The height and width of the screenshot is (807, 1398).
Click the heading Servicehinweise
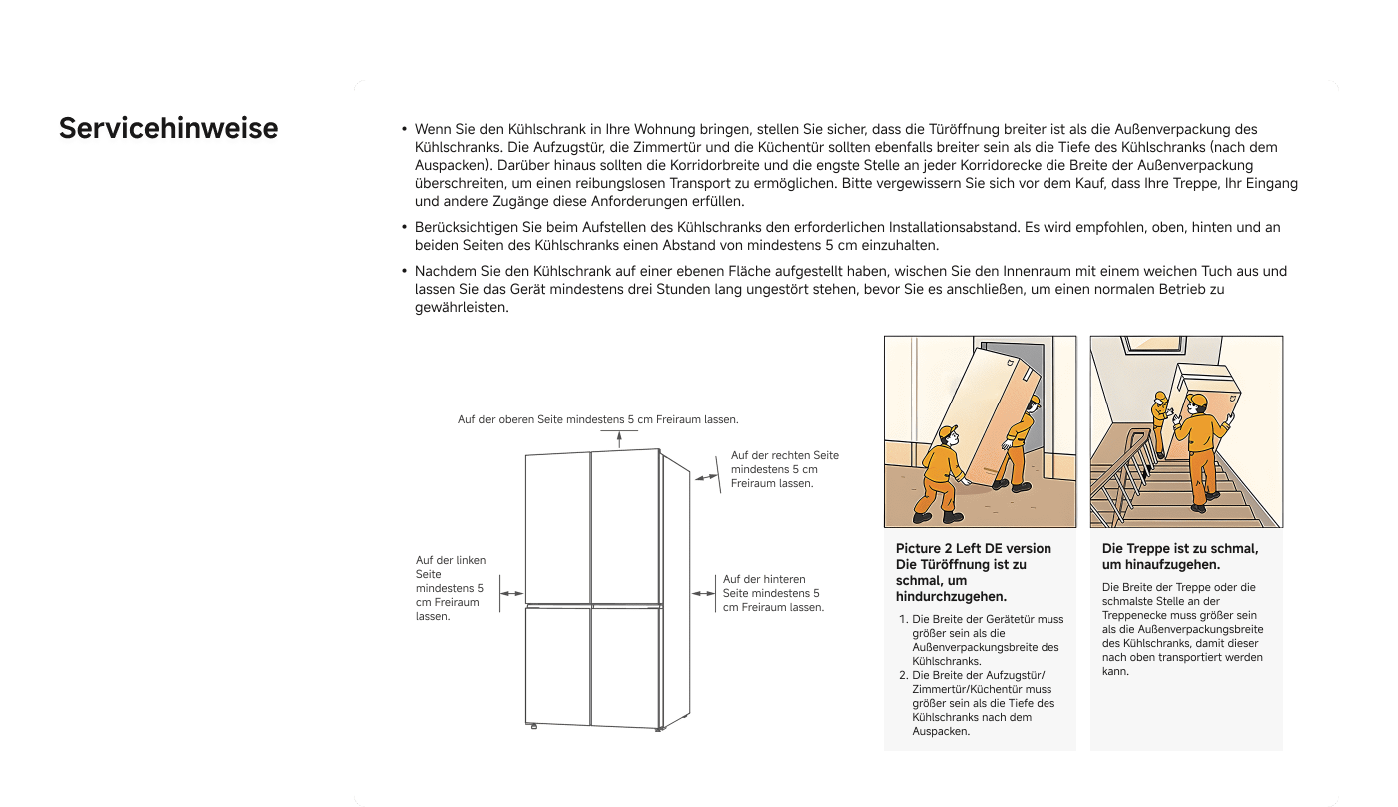pyautogui.click(x=168, y=130)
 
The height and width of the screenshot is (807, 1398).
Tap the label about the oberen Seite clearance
pyautogui.click(x=598, y=419)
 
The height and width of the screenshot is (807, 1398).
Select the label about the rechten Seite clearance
pyautogui.click(x=784, y=469)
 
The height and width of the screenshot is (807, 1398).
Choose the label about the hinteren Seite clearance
pyautogui.click(x=773, y=593)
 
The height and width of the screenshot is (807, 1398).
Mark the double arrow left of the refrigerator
pyautogui.click(x=511, y=593)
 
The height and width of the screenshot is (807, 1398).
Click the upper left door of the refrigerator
pyautogui.click(x=558, y=527)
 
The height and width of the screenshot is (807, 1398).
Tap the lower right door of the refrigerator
pyautogui.click(x=626, y=665)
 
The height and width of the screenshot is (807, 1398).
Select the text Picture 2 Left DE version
pyautogui.click(x=973, y=548)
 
